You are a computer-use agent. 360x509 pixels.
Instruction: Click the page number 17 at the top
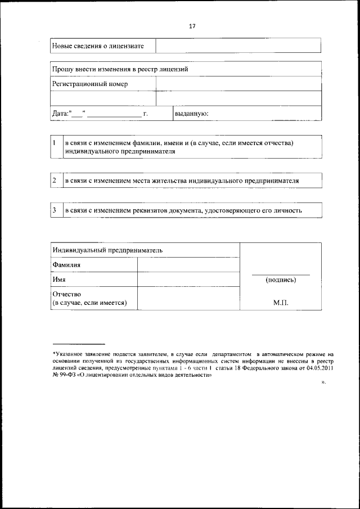pyautogui.click(x=192, y=26)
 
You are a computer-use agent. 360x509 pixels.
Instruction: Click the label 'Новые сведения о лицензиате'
pyautogui.click(x=98, y=46)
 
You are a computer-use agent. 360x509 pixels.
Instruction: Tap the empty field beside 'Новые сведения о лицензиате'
pyautogui.click(x=238, y=46)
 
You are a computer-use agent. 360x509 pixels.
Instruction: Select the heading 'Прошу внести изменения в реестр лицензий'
pyautogui.click(x=120, y=69)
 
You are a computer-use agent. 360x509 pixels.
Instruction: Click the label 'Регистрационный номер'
pyautogui.click(x=90, y=84)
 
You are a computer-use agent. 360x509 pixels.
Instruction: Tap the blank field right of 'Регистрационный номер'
pyautogui.click(x=238, y=84)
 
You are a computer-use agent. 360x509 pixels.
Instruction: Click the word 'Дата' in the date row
pyautogui.click(x=60, y=113)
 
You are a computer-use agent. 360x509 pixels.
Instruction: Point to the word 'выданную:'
pyautogui.click(x=192, y=113)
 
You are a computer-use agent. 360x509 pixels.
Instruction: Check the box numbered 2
pyautogui.click(x=55, y=181)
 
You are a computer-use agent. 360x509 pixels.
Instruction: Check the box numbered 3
pyautogui.click(x=55, y=210)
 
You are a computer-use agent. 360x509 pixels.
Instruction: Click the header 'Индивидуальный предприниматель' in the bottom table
pyautogui.click(x=107, y=250)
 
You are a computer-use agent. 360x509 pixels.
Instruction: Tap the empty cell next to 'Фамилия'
pyautogui.click(x=188, y=265)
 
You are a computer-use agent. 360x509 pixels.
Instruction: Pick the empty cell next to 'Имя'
pyautogui.click(x=188, y=280)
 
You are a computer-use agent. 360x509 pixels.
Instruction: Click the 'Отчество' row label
pyautogui.click(x=67, y=294)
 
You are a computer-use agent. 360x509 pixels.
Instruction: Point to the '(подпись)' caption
pyautogui.click(x=281, y=280)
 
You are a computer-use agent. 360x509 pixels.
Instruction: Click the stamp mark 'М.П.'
pyautogui.click(x=281, y=303)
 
